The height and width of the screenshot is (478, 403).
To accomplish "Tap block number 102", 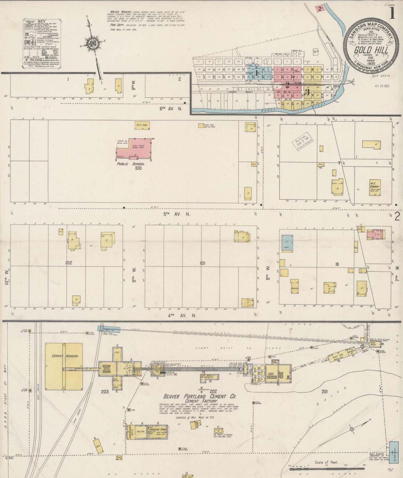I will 69,263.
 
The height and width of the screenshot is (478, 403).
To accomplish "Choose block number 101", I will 203,263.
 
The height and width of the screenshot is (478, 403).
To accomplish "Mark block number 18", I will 337,264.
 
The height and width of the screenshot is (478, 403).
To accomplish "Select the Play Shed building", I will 142,125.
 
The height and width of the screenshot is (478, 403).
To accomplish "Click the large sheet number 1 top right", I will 392,13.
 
